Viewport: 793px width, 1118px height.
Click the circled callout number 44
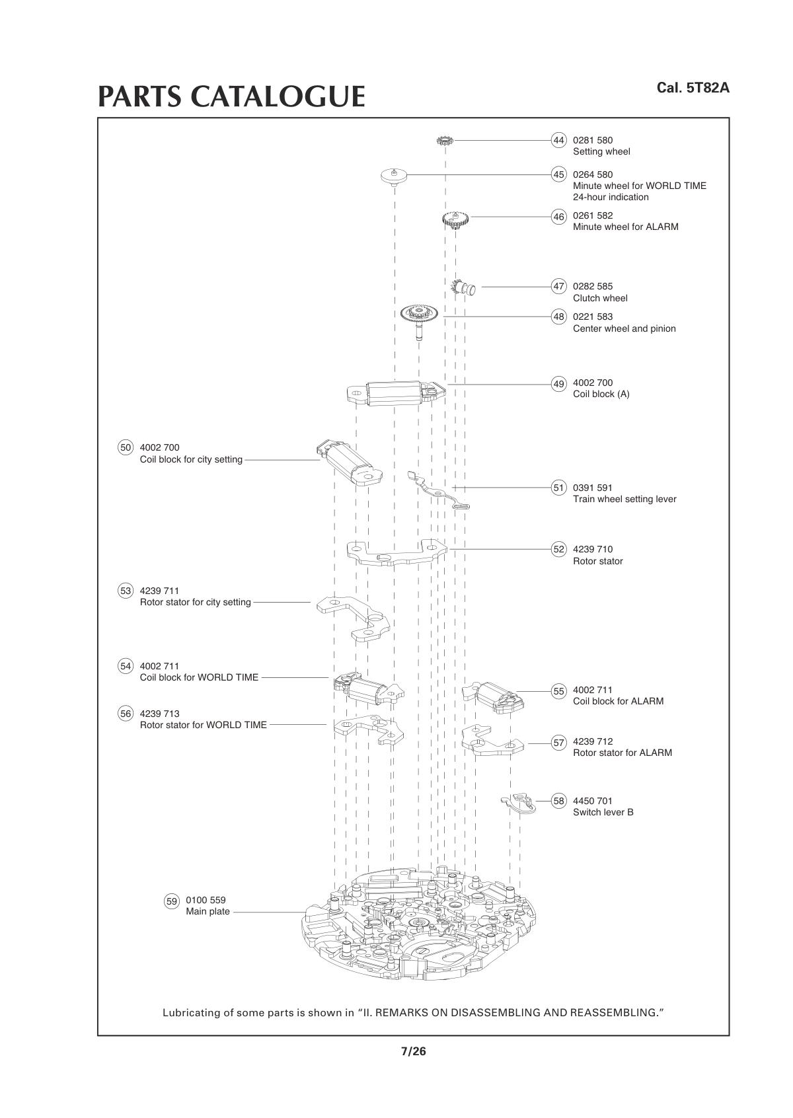559,140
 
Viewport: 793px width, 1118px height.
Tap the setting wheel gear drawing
444,141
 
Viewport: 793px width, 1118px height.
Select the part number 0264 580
593,174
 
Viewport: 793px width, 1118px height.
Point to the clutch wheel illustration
463,287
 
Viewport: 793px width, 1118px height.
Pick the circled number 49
559,384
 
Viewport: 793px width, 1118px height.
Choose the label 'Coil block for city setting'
191,459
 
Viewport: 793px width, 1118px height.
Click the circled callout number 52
559,549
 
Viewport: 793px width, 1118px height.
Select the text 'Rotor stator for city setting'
195,602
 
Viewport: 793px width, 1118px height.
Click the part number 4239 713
159,714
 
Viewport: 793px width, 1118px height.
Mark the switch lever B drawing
519,802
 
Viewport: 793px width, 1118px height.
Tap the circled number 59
172,901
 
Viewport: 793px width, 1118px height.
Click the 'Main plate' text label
208,912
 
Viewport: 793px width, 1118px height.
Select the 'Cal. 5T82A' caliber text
693,88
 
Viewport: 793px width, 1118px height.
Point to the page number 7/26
414,1051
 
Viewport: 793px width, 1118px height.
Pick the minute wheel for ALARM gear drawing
455,219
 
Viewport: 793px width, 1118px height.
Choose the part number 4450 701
593,801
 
